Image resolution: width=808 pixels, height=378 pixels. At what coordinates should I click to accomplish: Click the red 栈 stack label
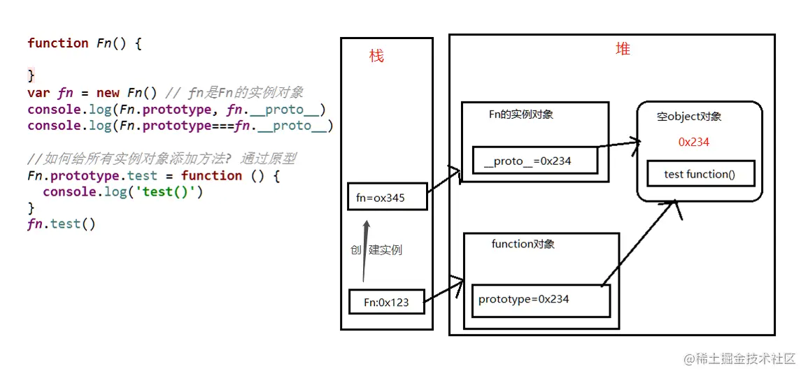pyautogui.click(x=376, y=57)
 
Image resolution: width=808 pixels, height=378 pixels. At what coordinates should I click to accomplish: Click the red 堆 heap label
pyautogui.click(x=623, y=49)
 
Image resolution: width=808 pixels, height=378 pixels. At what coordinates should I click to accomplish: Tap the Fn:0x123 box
pyautogui.click(x=386, y=303)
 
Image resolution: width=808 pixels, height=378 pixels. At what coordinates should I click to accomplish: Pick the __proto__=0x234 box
pyautogui.click(x=535, y=161)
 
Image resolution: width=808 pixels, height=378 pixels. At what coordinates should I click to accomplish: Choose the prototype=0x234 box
pyautogui.click(x=540, y=300)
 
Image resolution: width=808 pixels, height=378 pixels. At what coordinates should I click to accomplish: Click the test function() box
pyautogui.click(x=700, y=174)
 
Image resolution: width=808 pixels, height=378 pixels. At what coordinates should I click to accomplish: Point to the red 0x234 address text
pyautogui.click(x=694, y=142)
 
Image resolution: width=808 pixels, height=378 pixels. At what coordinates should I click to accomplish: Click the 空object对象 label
pyautogui.click(x=688, y=117)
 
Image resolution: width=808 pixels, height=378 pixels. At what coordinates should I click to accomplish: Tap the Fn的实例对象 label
pyautogui.click(x=520, y=114)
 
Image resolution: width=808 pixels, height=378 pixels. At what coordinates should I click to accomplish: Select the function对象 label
pyautogui.click(x=523, y=244)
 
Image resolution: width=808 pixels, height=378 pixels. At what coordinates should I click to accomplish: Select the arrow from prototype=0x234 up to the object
pyautogui.click(x=640, y=242)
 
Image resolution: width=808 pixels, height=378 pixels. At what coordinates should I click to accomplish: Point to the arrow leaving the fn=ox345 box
pyautogui.click(x=444, y=181)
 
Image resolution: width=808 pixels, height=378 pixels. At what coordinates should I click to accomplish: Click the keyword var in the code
pyautogui.click(x=38, y=93)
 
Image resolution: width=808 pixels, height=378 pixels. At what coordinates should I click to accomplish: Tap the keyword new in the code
pyautogui.click(x=108, y=93)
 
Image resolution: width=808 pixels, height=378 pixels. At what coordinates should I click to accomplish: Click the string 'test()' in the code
pyautogui.click(x=172, y=191)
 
